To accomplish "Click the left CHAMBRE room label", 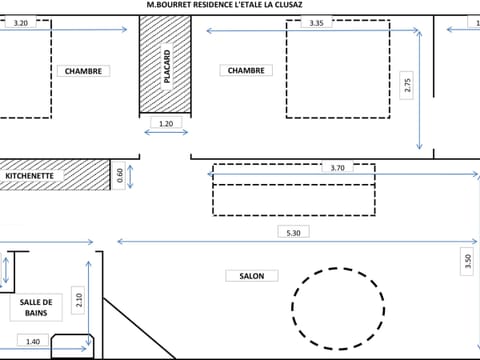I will click(x=83, y=71).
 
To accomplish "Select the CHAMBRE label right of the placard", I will click(x=245, y=71).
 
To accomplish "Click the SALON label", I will click(x=251, y=276).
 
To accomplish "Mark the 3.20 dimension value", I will click(x=20, y=22).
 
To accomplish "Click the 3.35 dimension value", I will click(x=316, y=22).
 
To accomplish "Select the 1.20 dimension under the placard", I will click(x=166, y=124).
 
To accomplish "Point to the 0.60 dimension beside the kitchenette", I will click(x=120, y=175).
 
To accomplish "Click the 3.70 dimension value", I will click(x=338, y=168).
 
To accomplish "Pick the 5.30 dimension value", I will click(x=291, y=232).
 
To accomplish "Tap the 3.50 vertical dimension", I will click(x=467, y=262).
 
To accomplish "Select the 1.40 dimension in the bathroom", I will click(x=32, y=342).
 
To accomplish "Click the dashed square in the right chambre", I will click(x=337, y=70).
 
